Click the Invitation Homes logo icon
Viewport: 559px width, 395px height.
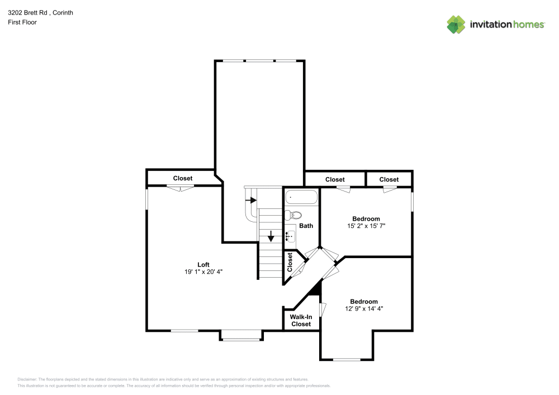[x=456, y=25]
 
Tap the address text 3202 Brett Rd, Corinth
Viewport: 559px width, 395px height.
[x=40, y=12]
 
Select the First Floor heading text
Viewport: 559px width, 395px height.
[x=22, y=22]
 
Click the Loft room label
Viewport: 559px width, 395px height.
[x=203, y=264]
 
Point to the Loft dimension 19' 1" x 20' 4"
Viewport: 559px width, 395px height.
[x=203, y=272]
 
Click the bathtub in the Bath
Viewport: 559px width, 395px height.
[x=301, y=197]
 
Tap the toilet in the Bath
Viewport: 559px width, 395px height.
[x=295, y=215]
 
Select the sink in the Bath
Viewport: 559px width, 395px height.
[x=291, y=236]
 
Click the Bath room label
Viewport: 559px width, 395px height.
[x=306, y=226]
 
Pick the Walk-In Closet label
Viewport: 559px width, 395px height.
[x=301, y=320]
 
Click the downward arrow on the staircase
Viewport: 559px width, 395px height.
[x=271, y=236]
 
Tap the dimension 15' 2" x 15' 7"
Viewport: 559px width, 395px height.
[x=366, y=226]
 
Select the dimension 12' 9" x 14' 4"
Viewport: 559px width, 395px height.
[x=364, y=308]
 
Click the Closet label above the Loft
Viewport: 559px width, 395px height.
[x=182, y=178]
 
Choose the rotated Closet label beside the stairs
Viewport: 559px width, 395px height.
[x=290, y=261]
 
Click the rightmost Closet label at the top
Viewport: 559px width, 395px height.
[x=389, y=179]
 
